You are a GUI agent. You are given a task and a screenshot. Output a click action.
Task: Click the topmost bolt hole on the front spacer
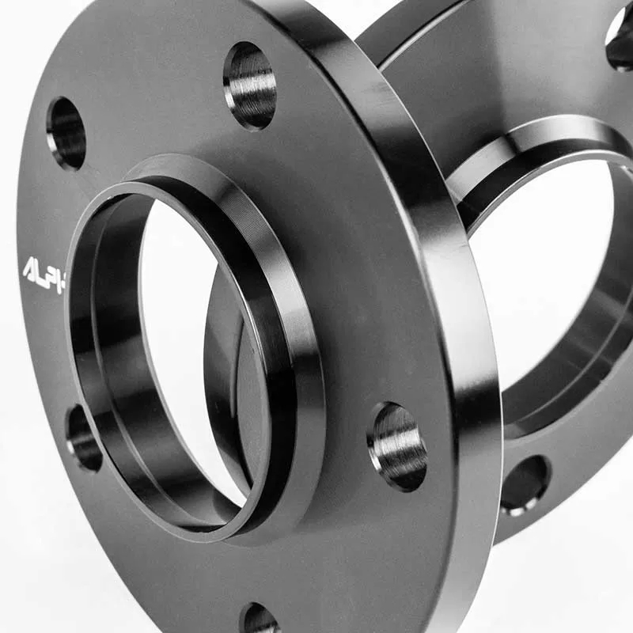pyautogui.click(x=250, y=85)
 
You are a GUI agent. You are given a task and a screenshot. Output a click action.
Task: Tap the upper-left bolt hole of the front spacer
pyautogui.click(x=66, y=133)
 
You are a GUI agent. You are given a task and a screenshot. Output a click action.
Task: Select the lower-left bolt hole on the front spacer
pyautogui.click(x=83, y=438)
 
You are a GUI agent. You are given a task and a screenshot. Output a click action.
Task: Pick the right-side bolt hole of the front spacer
pyautogui.click(x=397, y=445)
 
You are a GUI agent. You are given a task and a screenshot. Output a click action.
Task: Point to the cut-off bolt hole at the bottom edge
pyautogui.click(x=259, y=619)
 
